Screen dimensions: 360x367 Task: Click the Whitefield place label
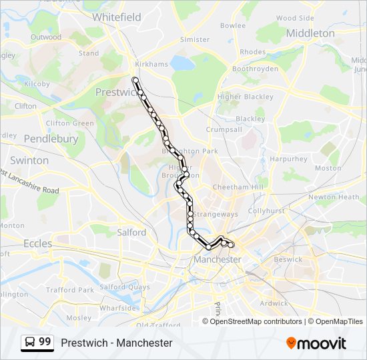(117, 17)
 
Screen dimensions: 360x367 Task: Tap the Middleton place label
(310, 33)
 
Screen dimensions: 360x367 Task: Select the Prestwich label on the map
(115, 92)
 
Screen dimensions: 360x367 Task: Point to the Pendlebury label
(51, 139)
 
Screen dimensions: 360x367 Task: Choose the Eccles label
(37, 244)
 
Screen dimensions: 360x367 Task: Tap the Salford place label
(131, 233)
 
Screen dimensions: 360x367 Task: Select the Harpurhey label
(288, 159)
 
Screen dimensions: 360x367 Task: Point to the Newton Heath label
(334, 197)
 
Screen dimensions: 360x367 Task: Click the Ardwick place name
(274, 303)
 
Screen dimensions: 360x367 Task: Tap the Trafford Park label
(70, 290)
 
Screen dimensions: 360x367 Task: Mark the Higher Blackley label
(246, 97)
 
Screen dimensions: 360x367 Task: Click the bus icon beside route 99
(30, 342)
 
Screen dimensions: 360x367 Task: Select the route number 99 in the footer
(45, 342)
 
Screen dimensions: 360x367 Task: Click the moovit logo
(316, 343)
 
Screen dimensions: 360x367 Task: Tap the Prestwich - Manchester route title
(116, 343)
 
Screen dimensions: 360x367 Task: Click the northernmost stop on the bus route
(135, 80)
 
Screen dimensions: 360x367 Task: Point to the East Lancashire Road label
(30, 181)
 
